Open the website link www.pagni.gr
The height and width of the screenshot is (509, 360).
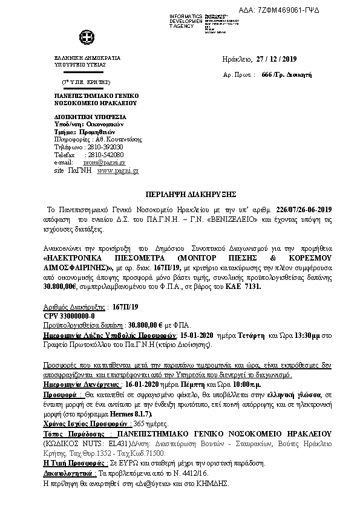point(117,170)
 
